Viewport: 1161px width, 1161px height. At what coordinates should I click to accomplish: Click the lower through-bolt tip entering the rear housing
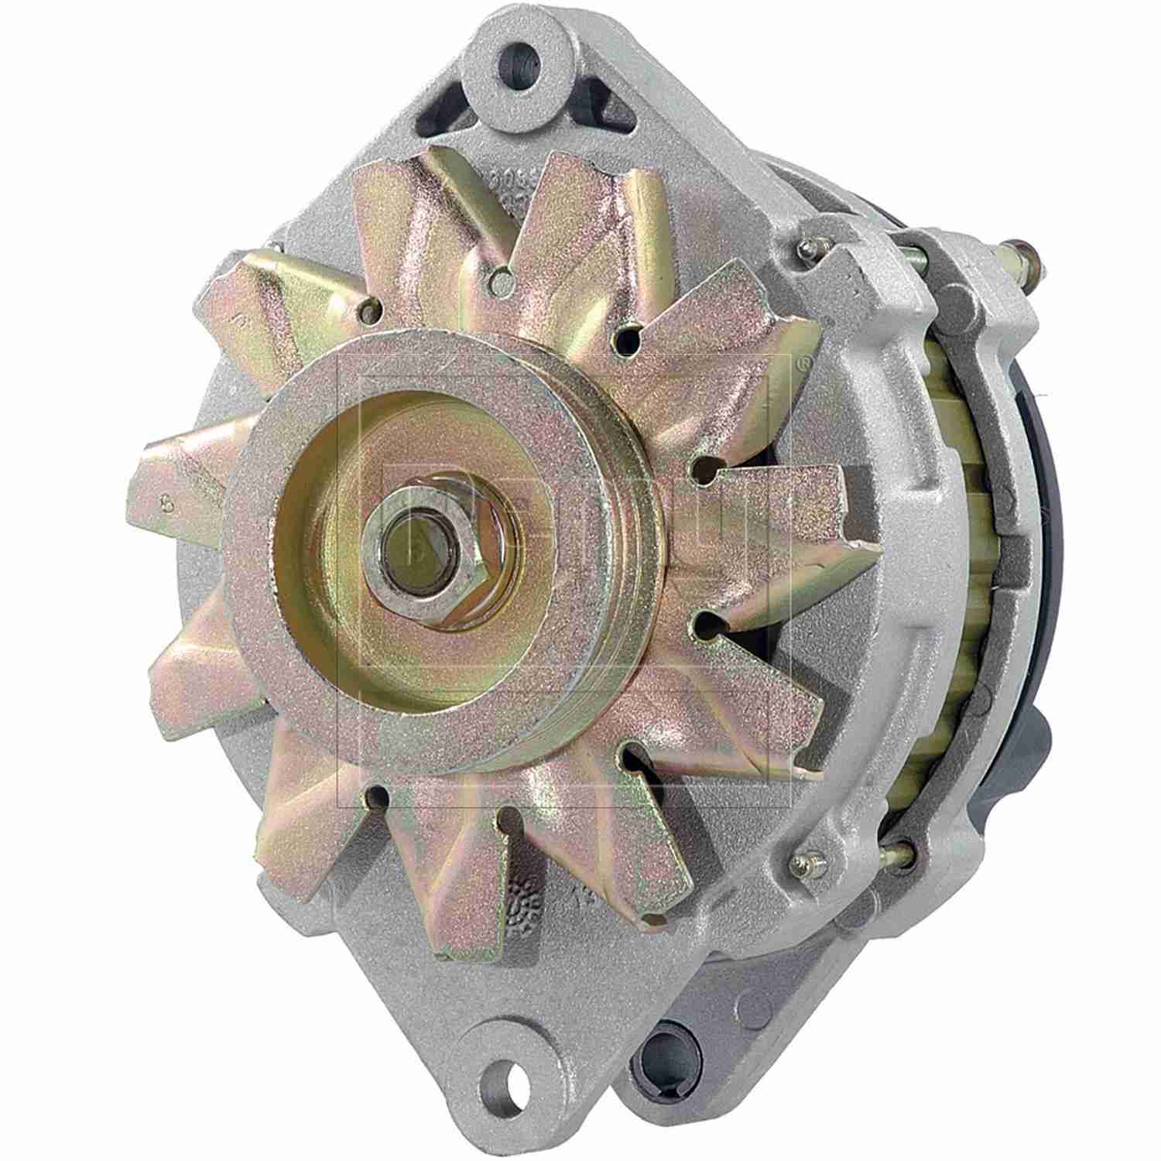tap(902, 851)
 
